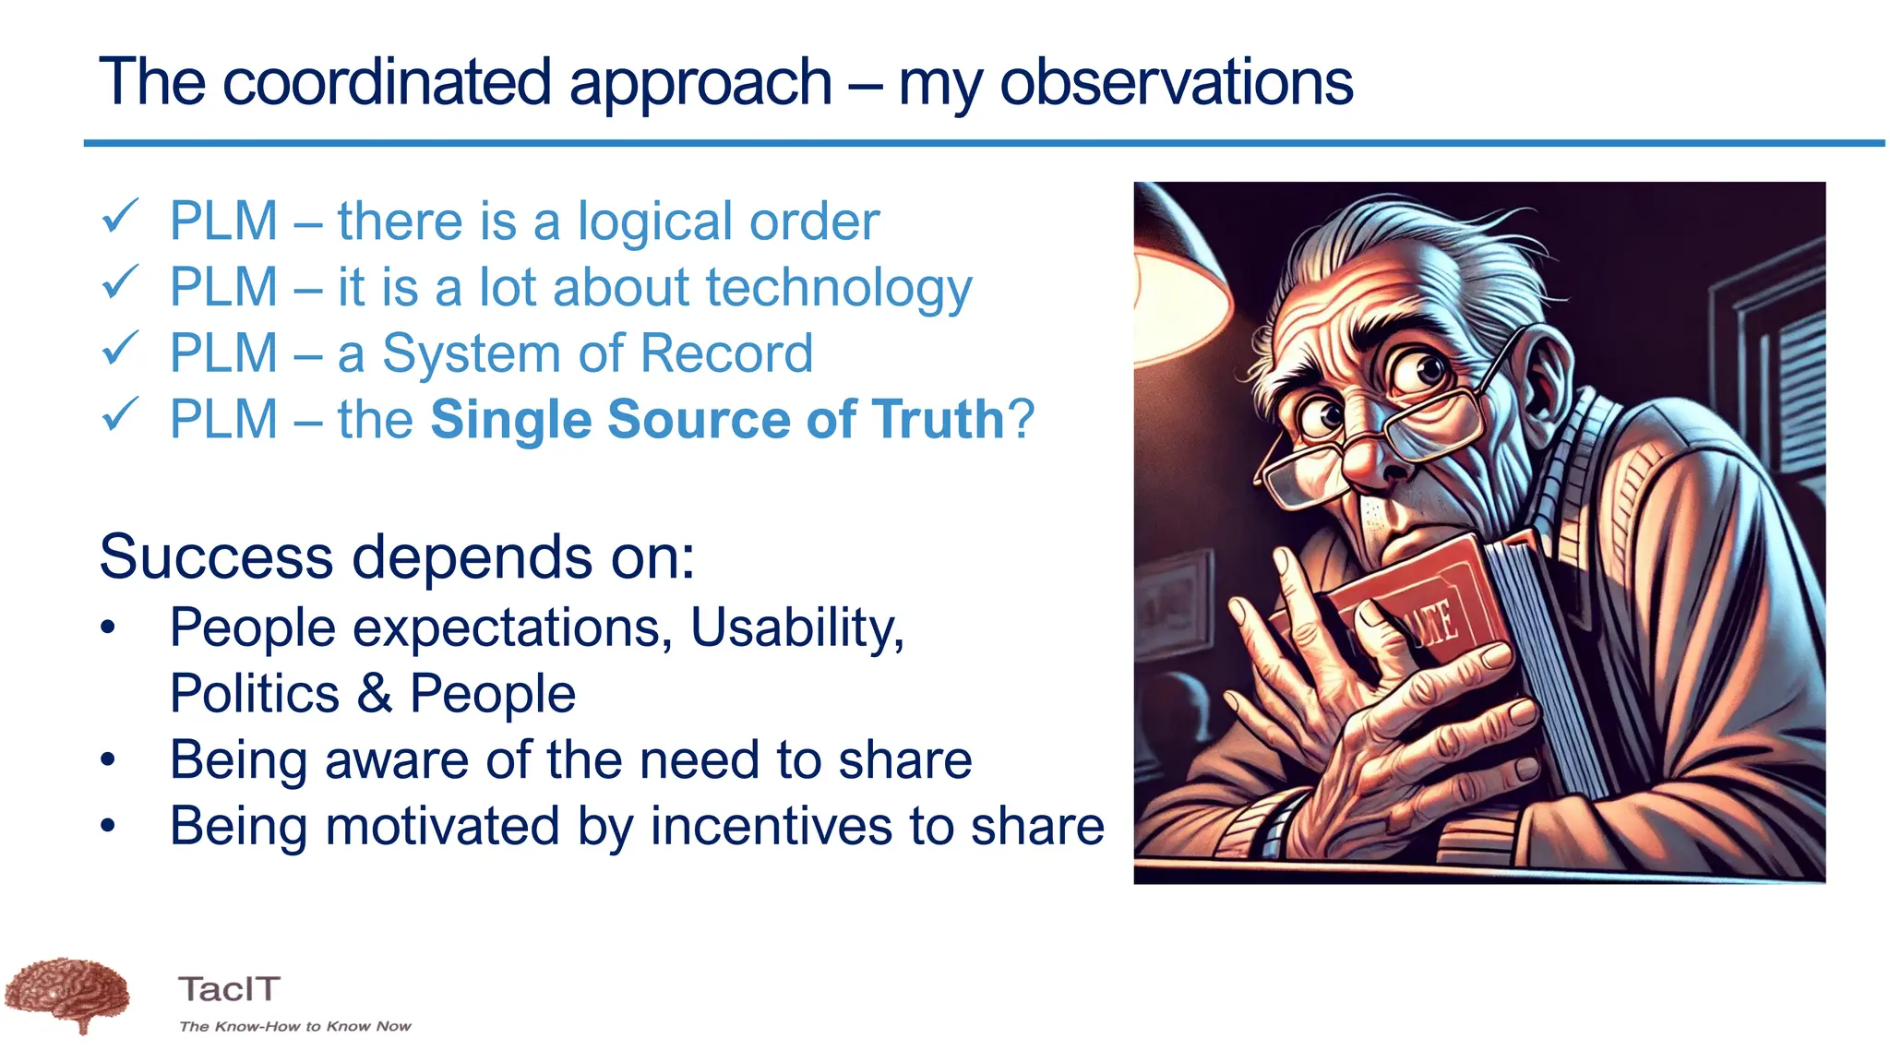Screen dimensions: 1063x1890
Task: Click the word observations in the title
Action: point(1176,83)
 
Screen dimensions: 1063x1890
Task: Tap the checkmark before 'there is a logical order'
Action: point(120,218)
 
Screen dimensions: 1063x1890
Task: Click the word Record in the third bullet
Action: point(726,354)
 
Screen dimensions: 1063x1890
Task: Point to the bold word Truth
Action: point(937,420)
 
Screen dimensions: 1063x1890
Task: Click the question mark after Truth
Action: point(1022,420)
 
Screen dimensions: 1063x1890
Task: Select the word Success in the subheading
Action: point(216,558)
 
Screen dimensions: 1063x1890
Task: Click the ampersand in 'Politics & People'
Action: point(374,694)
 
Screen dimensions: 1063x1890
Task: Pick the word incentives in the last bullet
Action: point(772,826)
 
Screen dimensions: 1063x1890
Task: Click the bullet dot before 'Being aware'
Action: point(109,760)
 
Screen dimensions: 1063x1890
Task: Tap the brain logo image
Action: point(66,995)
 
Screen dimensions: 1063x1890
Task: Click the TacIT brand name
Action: point(229,989)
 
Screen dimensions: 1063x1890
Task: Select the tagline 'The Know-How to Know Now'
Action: point(294,1026)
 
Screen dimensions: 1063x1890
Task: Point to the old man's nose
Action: point(1375,461)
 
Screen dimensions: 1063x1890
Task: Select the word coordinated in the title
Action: point(387,83)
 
